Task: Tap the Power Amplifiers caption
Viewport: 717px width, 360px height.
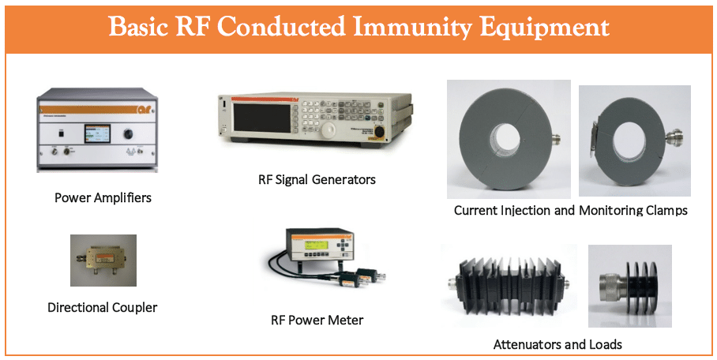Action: [103, 198]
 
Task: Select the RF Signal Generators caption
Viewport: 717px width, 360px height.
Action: [317, 179]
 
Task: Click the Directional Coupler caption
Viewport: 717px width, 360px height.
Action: [103, 307]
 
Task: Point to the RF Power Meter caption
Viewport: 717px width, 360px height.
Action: [317, 320]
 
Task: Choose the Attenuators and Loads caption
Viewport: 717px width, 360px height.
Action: [557, 344]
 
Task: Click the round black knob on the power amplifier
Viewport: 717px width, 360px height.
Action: [129, 133]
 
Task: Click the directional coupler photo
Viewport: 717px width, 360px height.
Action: [103, 261]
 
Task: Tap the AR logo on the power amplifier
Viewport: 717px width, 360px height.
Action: [146, 109]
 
